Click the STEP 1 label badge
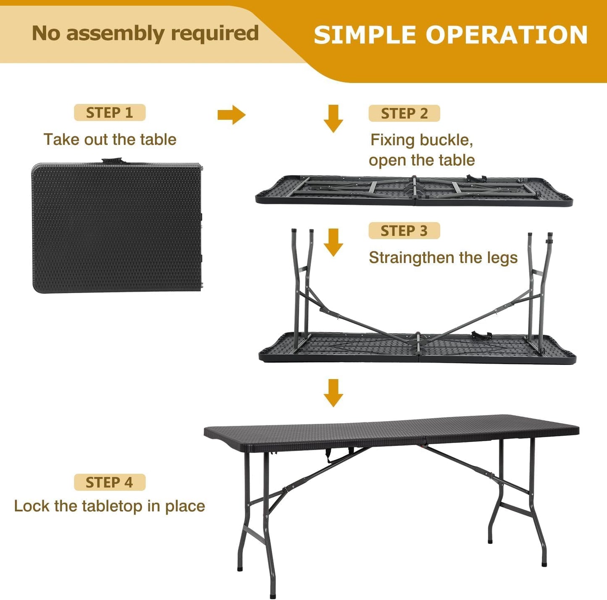tap(110, 113)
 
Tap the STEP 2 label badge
tap(404, 113)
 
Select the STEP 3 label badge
tap(404, 231)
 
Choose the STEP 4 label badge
tap(110, 482)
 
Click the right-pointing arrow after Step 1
tap(231, 115)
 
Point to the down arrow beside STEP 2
tap(333, 118)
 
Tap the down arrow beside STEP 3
tap(333, 242)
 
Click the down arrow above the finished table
tap(333, 393)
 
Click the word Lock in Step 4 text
tap(32, 506)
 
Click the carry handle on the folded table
tap(112, 161)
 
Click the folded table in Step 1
tap(117, 228)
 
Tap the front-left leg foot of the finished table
tap(273, 594)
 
